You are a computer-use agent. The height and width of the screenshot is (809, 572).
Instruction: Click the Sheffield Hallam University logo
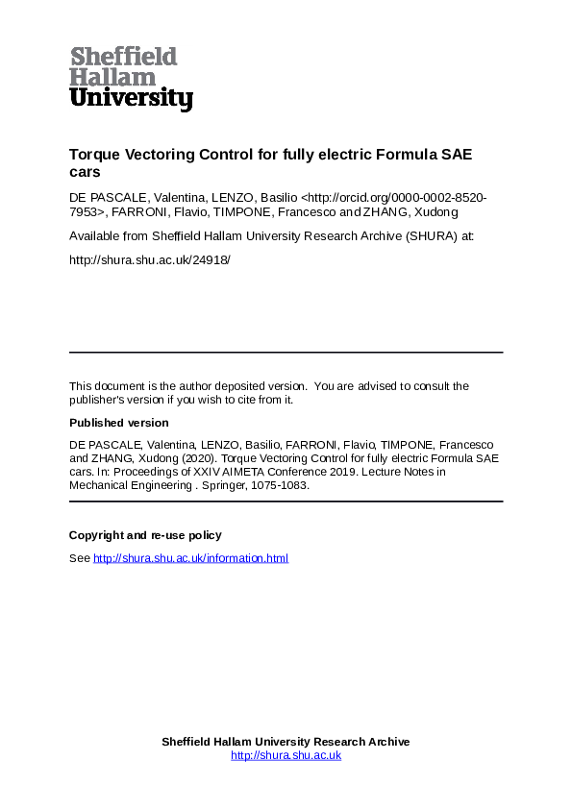(x=131, y=78)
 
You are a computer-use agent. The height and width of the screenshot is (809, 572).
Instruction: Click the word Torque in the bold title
(x=93, y=155)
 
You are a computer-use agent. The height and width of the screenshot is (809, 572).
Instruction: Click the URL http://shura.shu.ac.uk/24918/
(x=150, y=259)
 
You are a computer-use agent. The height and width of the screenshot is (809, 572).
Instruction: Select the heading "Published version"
(x=119, y=423)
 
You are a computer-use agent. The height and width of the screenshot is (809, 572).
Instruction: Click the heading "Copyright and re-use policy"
(x=145, y=535)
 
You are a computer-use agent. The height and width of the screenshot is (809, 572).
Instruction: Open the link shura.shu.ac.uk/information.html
(x=190, y=558)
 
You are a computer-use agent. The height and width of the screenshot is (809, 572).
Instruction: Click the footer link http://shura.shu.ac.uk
(x=286, y=755)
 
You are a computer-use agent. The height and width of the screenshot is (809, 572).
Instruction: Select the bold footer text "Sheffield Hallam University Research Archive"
(x=286, y=742)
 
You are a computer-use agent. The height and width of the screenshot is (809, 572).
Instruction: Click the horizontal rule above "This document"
(x=286, y=353)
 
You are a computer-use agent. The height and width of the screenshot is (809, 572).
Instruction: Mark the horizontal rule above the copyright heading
(x=286, y=502)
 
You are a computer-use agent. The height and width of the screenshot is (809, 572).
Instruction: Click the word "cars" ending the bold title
(x=84, y=172)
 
